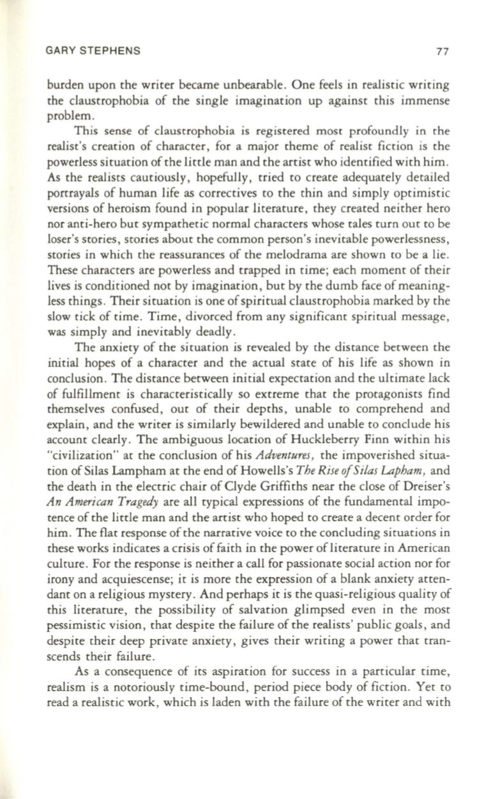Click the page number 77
point(437,54)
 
